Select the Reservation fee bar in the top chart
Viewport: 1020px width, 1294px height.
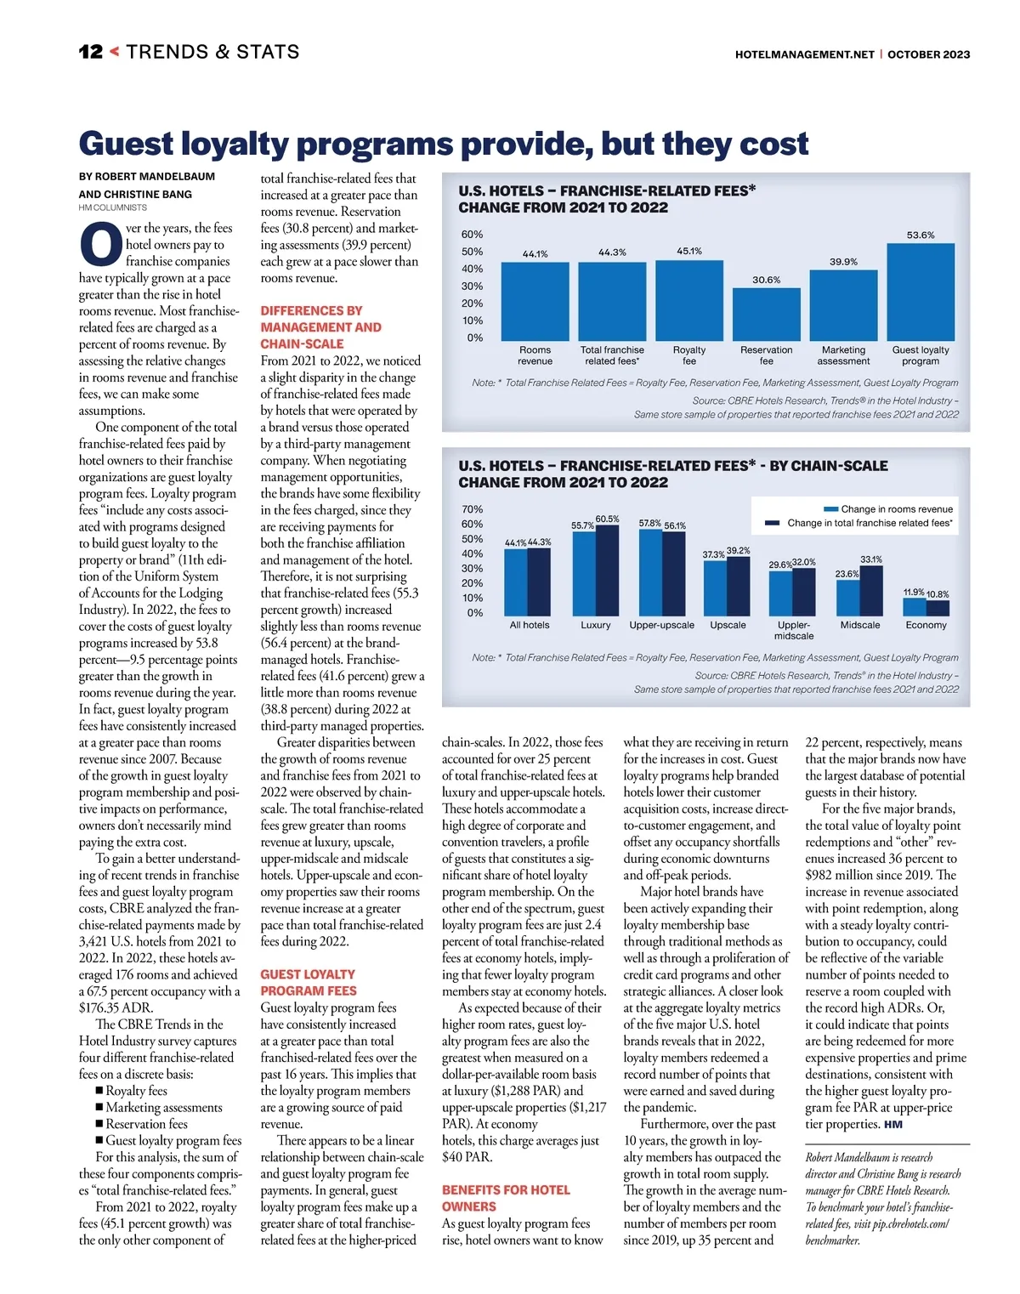[x=766, y=314]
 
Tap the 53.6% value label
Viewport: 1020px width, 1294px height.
[x=921, y=235]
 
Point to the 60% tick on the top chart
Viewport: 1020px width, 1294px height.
[x=472, y=235]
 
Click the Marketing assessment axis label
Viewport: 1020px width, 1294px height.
[x=843, y=355]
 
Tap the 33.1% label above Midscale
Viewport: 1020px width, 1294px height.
[x=871, y=559]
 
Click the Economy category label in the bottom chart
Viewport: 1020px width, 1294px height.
[x=926, y=625]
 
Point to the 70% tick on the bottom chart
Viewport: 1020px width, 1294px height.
[x=472, y=509]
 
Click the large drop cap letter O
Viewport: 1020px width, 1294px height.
[x=100, y=244]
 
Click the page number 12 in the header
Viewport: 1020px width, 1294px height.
[x=91, y=52]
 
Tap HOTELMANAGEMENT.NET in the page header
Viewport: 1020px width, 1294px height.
[x=804, y=54]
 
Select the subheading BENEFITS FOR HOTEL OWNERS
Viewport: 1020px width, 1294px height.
[x=506, y=1198]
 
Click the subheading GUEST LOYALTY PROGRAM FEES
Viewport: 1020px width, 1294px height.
[x=308, y=982]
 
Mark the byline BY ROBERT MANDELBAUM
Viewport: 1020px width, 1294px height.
[x=147, y=177]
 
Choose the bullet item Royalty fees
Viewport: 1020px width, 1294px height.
[x=136, y=1091]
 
